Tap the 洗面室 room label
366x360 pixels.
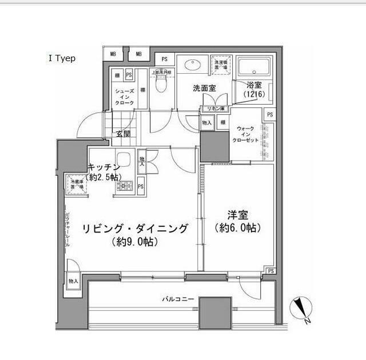(x=204, y=88)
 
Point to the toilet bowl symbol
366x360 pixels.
(x=160, y=84)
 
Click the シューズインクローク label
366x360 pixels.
(x=125, y=97)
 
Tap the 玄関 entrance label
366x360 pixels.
(x=123, y=134)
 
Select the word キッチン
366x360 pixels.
(x=104, y=166)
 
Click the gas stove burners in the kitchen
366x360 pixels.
(x=125, y=186)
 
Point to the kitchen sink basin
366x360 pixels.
(x=124, y=161)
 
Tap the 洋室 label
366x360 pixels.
(x=237, y=215)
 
